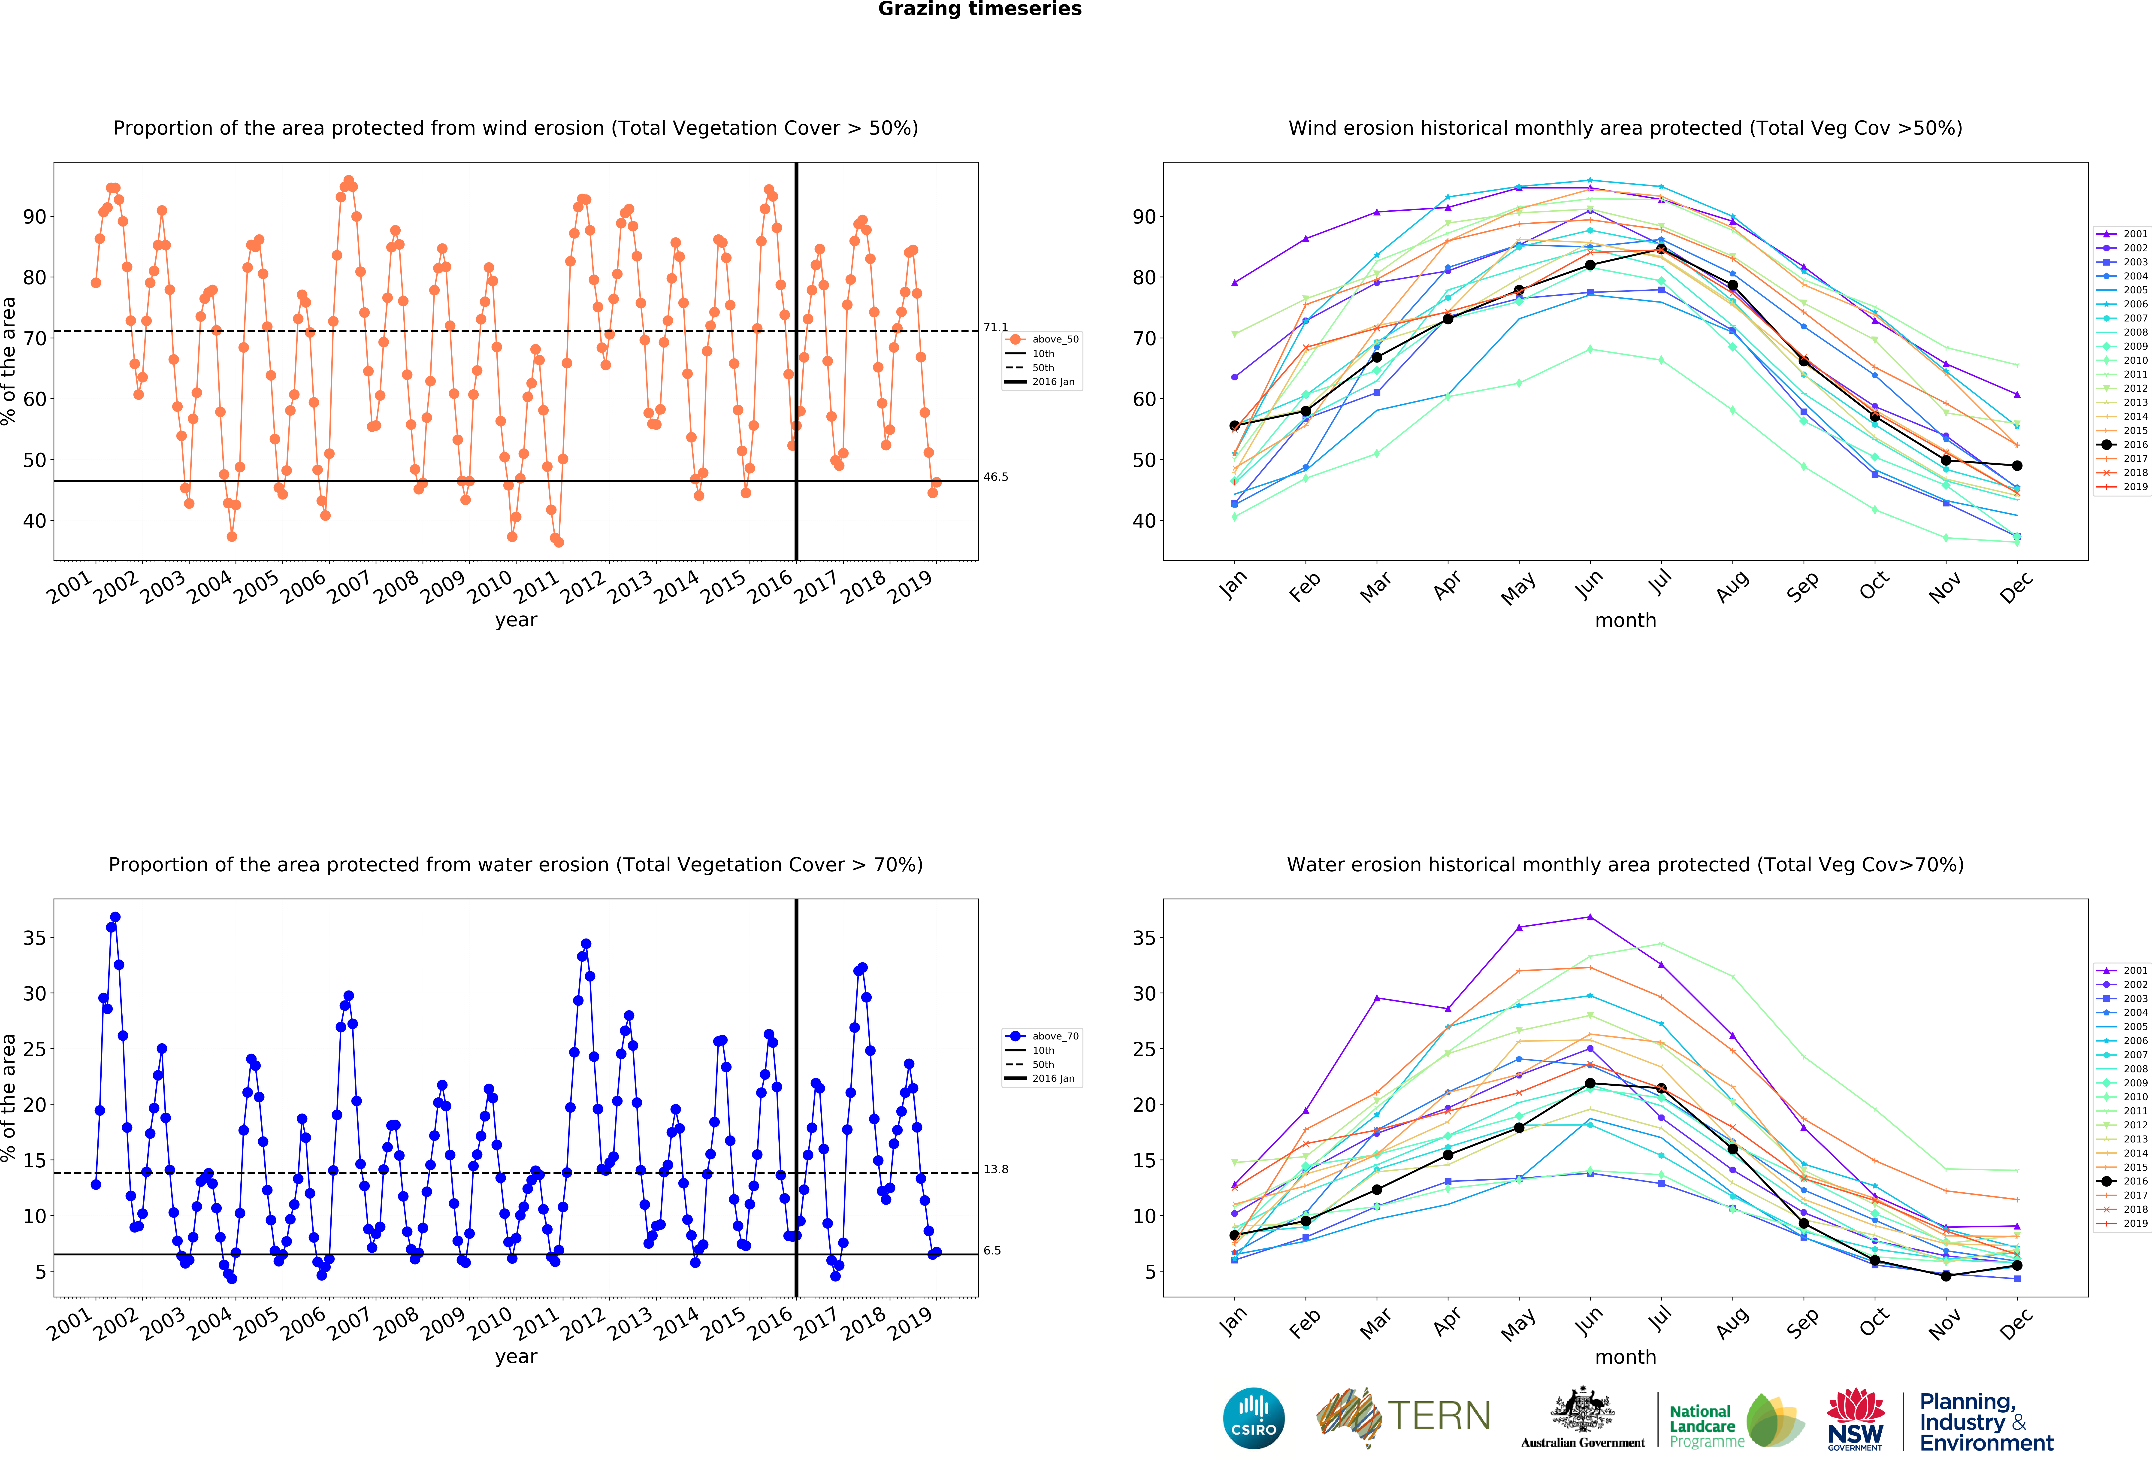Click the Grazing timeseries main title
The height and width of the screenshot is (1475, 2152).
click(980, 9)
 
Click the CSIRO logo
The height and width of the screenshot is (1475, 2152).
click(1254, 1418)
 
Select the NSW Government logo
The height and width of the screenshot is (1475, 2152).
click(1855, 1418)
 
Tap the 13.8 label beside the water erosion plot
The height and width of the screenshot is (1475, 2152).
click(995, 1169)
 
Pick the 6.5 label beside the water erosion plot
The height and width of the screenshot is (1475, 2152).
click(992, 1251)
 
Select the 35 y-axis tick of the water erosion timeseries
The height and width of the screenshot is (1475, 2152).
click(34, 938)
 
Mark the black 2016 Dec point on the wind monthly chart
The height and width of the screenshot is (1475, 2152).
click(2017, 466)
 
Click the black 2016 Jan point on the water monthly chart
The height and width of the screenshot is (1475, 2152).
click(1234, 1235)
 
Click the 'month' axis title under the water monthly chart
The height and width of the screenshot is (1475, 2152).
click(1625, 1357)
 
